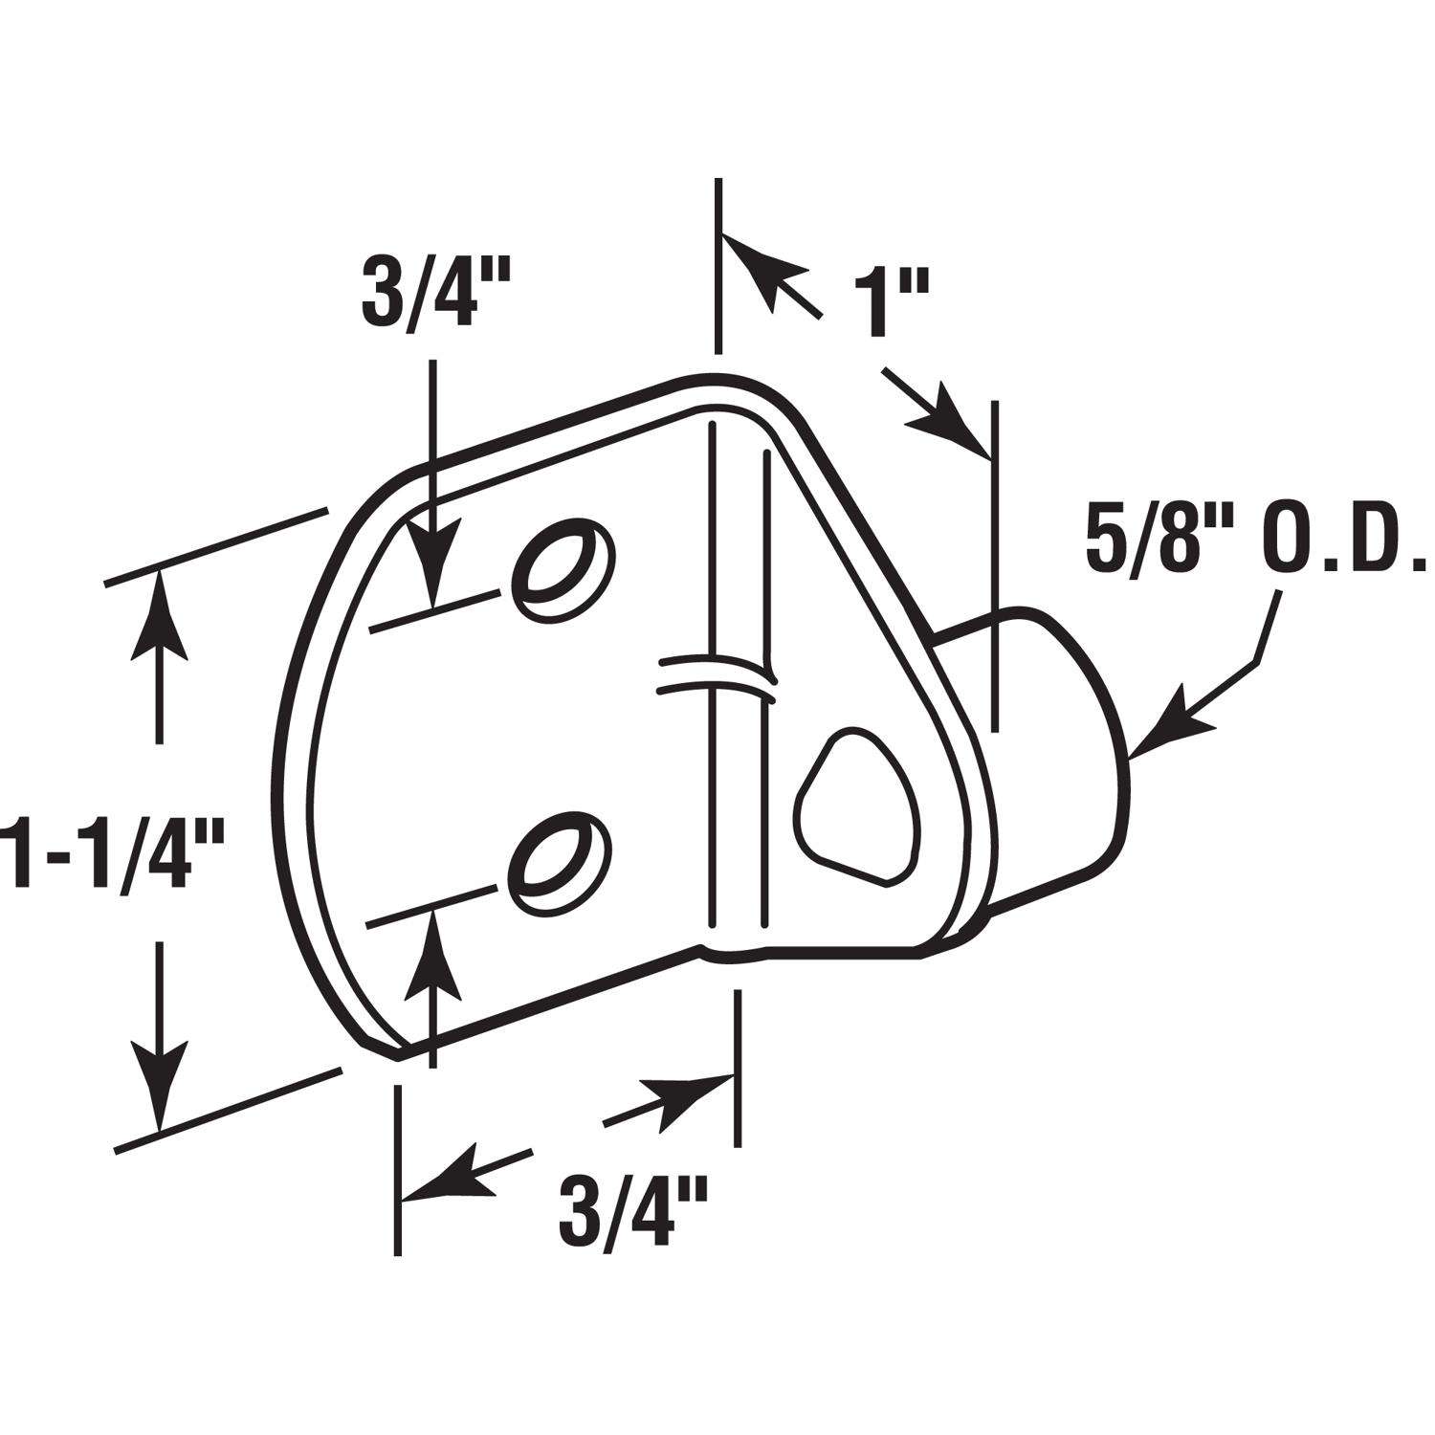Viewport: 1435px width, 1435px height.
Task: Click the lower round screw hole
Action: (561, 856)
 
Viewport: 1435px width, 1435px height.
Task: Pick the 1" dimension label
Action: (888, 304)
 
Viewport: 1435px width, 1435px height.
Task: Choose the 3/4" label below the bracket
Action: (632, 1212)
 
